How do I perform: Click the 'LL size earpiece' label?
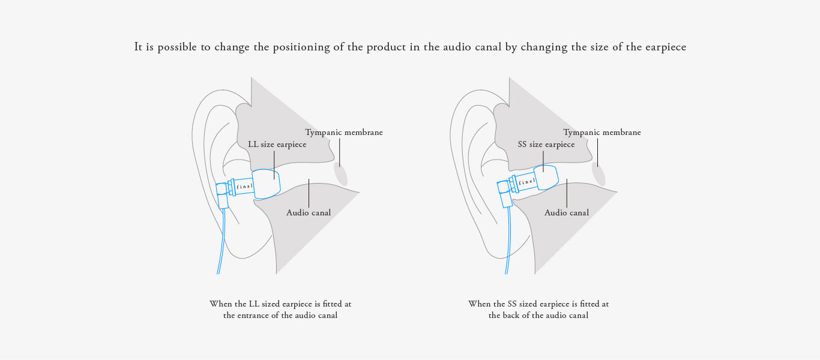(277, 145)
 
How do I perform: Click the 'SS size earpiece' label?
(546, 145)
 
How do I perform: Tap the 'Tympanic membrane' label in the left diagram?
(343, 133)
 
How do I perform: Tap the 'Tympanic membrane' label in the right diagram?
(601, 133)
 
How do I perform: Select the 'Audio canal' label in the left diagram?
(309, 212)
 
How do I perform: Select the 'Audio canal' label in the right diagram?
(567, 212)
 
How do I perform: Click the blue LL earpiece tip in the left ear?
(267, 184)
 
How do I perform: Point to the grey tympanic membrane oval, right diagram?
(598, 174)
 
